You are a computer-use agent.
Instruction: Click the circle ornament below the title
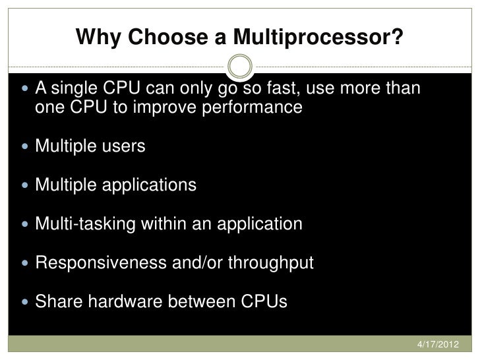pyautogui.click(x=239, y=66)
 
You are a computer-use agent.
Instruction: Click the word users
pyautogui.click(x=123, y=146)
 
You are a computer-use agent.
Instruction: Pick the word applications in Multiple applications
pyautogui.click(x=148, y=185)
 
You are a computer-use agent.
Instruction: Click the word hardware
pyautogui.click(x=129, y=302)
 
